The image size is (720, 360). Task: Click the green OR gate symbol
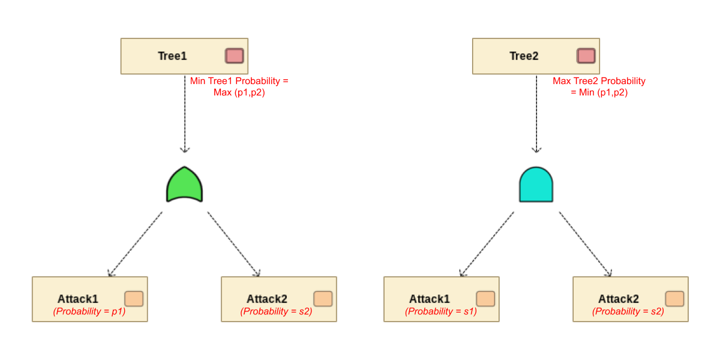pos(184,185)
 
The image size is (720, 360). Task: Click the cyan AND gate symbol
pos(536,185)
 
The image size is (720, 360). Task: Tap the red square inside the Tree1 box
pos(234,56)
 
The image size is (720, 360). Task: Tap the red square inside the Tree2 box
pos(586,56)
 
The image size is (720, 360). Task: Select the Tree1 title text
pos(172,56)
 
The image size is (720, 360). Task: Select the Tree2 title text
pos(524,56)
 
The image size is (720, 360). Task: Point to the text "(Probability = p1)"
pos(89,311)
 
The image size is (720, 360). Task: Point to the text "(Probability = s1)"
pos(441,311)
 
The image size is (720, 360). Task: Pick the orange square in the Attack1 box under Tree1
pos(134,299)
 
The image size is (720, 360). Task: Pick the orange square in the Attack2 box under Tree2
pos(674,299)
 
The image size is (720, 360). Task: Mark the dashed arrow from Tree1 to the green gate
pos(185,114)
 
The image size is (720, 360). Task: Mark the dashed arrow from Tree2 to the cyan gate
pos(536,114)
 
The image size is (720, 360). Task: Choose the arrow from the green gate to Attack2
pos(233,244)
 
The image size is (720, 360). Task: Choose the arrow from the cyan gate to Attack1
pos(487,244)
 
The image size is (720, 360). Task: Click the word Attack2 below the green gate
pos(267,299)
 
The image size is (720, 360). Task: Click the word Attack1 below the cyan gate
pos(430,299)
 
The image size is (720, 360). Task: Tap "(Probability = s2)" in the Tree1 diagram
pos(276,311)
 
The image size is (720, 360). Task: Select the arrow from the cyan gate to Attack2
pos(585,244)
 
